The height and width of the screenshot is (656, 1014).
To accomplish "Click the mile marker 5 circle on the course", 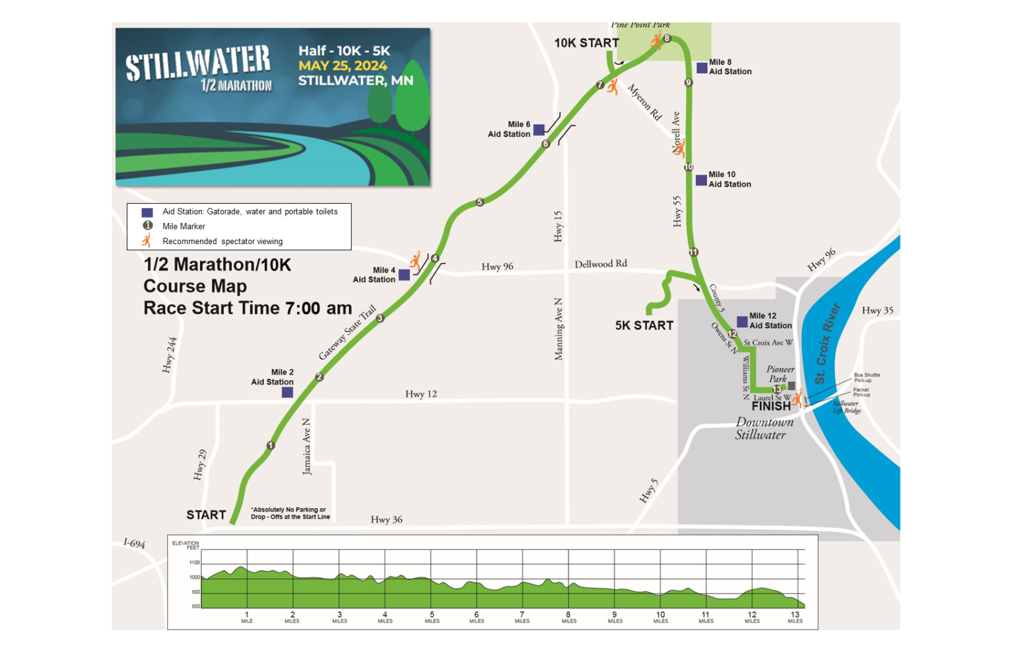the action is (x=480, y=202).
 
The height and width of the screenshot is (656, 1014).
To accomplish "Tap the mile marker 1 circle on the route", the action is (x=270, y=445).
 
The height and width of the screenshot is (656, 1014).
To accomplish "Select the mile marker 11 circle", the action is (x=693, y=252).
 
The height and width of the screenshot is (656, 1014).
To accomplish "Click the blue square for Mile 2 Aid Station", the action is (x=287, y=392).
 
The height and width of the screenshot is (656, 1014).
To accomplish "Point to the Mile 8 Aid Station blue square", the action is (x=702, y=68).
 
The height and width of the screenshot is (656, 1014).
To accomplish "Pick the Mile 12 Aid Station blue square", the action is (x=742, y=321).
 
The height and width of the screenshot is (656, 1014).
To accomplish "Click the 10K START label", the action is (x=586, y=43).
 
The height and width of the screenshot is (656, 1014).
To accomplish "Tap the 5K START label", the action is (x=644, y=325).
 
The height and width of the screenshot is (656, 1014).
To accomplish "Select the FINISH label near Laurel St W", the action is (x=771, y=407).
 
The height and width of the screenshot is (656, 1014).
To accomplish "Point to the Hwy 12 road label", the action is (x=421, y=394).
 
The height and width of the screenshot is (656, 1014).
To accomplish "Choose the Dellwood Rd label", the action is (x=601, y=264).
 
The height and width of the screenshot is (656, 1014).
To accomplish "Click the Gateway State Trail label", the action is (x=347, y=333).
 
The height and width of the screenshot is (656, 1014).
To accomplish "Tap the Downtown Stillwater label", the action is (x=764, y=428).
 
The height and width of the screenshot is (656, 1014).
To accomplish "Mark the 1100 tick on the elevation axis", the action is (x=195, y=563).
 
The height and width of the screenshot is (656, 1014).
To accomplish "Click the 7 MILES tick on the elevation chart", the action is (x=522, y=616).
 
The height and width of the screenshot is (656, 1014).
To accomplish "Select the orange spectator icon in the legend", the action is (x=147, y=240).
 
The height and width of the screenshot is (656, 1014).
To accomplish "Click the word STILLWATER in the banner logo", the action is (x=198, y=63).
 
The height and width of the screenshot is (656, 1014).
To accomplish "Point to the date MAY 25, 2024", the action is (x=343, y=65).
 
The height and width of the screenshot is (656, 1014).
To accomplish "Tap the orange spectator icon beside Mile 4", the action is (x=415, y=260).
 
